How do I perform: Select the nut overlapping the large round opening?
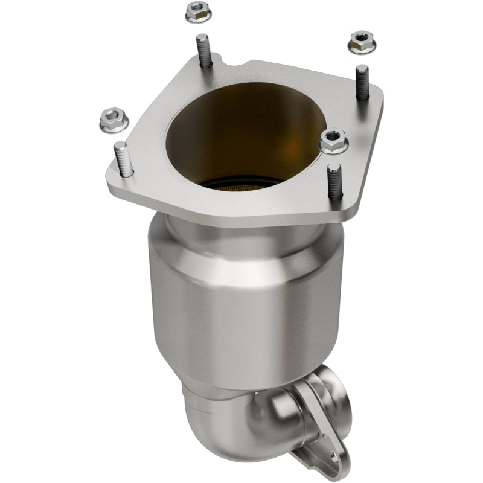click(331, 141)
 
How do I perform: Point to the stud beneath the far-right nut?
click(362, 82)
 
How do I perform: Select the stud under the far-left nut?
click(123, 159)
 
